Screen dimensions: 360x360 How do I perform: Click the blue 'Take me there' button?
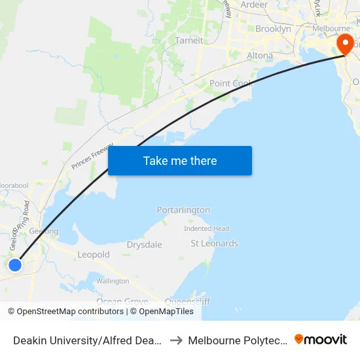click(180, 160)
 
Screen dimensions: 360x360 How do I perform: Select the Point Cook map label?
click(231, 84)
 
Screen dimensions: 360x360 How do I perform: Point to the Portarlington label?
click(183, 210)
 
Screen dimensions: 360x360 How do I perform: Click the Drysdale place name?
click(144, 244)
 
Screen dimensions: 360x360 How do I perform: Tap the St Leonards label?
click(214, 243)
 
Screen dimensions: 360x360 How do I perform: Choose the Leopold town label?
click(94, 255)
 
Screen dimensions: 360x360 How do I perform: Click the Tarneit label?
click(189, 41)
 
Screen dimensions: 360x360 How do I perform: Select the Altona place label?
click(260, 56)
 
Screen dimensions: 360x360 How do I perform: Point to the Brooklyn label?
click(273, 29)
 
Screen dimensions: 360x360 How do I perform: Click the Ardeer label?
click(254, 5)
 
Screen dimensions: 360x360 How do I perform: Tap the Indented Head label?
click(206, 228)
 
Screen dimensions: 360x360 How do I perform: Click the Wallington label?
click(113, 281)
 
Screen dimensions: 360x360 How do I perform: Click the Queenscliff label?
click(187, 301)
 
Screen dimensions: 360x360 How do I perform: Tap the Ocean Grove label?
click(118, 301)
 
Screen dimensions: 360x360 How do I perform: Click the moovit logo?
click(321, 340)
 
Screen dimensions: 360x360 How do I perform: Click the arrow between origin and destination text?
click(177, 340)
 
